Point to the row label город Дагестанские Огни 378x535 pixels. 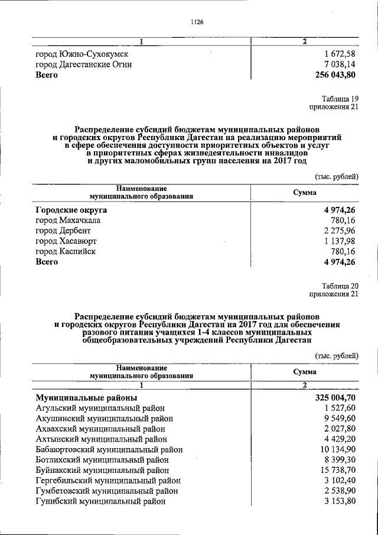83,64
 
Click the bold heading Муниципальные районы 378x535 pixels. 86,397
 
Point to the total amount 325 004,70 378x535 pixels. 335,397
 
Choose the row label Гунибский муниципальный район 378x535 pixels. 100,501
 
